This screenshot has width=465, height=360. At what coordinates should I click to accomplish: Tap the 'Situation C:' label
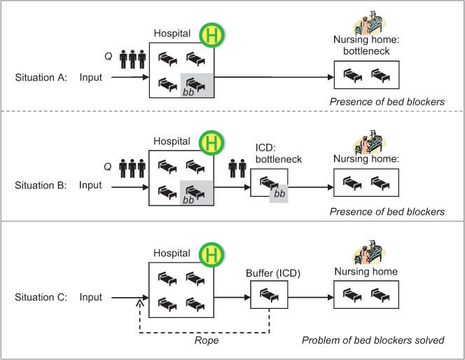click(41, 297)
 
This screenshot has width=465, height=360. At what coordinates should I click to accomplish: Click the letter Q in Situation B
click(107, 167)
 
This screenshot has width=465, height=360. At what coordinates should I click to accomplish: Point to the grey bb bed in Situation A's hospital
click(197, 85)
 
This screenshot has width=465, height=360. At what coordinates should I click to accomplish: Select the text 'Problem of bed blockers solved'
click(373, 340)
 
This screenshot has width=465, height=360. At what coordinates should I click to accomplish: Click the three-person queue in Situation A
click(132, 58)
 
